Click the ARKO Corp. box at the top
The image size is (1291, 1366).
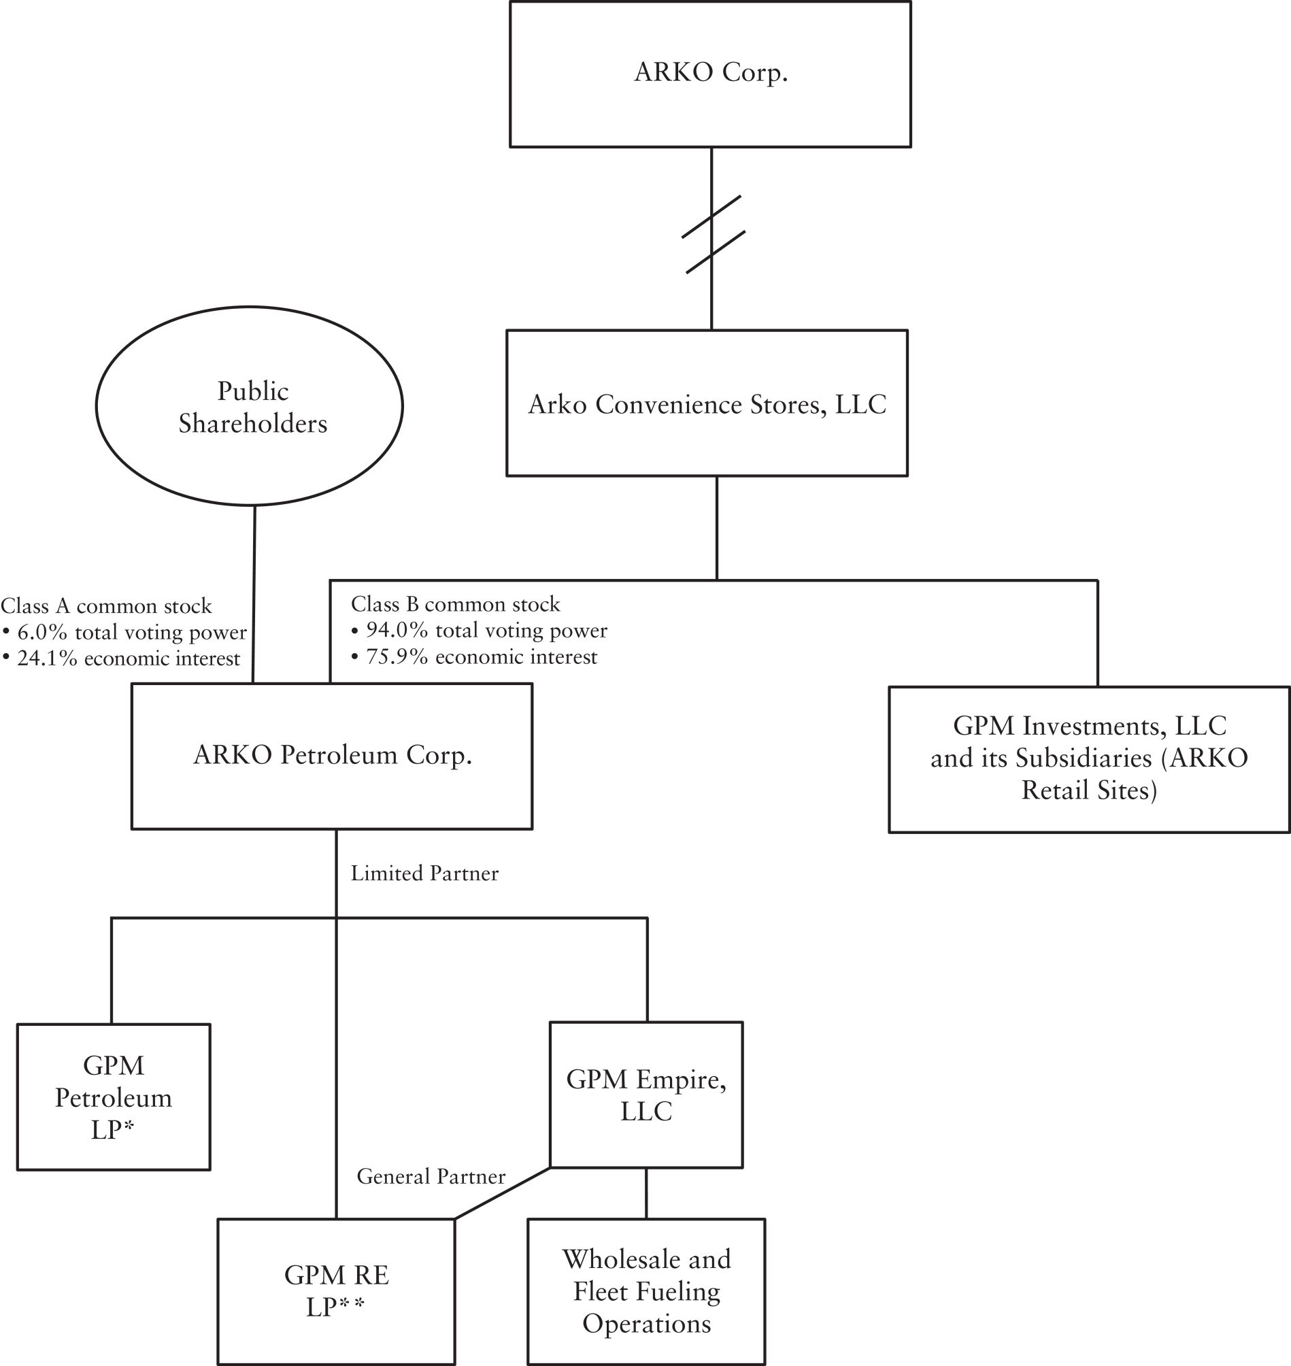[x=710, y=73]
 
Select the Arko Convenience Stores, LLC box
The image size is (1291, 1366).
[x=707, y=404]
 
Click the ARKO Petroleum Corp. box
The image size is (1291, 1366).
[x=332, y=756]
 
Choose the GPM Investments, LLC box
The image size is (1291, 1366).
[x=1089, y=759]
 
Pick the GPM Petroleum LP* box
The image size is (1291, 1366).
[x=114, y=1097]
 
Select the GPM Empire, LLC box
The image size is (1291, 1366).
[x=646, y=1095]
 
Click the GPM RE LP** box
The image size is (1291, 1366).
[x=336, y=1291]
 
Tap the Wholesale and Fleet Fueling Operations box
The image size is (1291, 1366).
[x=646, y=1291]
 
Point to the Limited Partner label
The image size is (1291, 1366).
[x=424, y=873]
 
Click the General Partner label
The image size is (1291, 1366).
[x=431, y=1176]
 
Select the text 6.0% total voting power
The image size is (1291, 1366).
[x=131, y=633]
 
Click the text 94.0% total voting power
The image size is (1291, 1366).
[x=486, y=631]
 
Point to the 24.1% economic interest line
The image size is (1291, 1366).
[x=128, y=659]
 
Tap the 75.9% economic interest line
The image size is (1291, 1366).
[x=481, y=657]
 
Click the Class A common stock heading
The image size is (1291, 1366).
[x=106, y=606]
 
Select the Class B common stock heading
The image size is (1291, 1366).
[x=456, y=604]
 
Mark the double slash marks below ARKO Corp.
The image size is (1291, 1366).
[x=712, y=234]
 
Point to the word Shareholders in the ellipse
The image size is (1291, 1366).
[x=252, y=423]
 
